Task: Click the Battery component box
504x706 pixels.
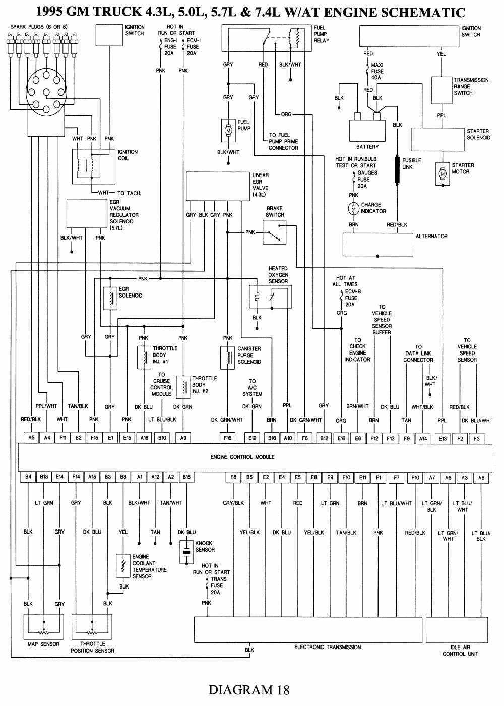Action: tap(367, 131)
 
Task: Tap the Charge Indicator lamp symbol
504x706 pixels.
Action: tap(353, 208)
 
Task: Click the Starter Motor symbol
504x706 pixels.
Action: tap(443, 174)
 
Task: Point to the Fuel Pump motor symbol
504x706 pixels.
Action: tap(228, 131)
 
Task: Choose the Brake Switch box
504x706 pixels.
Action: tap(275, 232)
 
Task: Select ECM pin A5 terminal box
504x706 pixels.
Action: tap(31, 438)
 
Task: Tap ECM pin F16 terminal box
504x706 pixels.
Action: tap(227, 438)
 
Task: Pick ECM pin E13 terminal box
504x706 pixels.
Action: tap(443, 438)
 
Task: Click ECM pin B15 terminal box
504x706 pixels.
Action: tap(186, 476)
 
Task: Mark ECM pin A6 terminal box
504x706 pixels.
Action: tap(481, 477)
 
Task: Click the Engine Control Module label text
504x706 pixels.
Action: tap(242, 457)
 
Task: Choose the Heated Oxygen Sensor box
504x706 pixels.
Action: tap(271, 297)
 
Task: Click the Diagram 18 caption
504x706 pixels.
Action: tap(249, 689)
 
